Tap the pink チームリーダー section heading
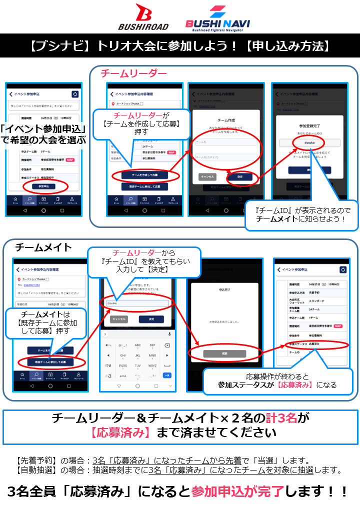(x=133, y=73)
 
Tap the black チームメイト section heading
(x=43, y=247)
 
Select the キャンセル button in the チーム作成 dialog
(x=207, y=177)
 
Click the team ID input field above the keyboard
(x=137, y=303)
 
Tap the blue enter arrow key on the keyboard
(x=167, y=375)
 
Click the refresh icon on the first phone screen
(x=75, y=94)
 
